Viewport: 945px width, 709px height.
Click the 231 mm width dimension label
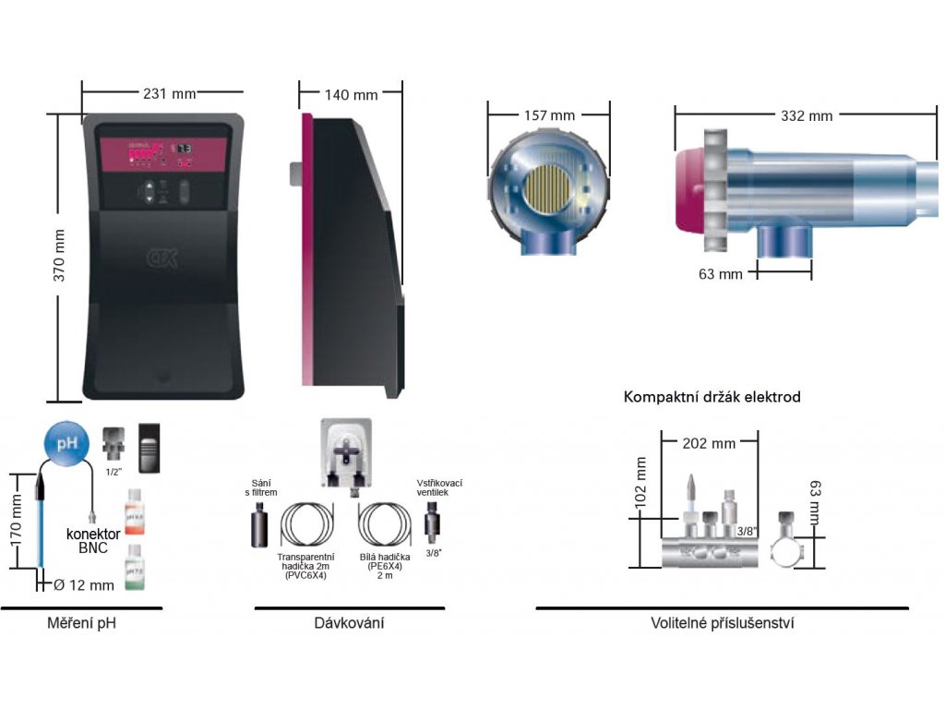tap(162, 93)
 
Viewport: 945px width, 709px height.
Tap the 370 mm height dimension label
tap(58, 255)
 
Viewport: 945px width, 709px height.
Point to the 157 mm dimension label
tap(549, 115)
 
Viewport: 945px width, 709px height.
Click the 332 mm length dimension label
tap(807, 115)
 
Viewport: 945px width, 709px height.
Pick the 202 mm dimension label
tap(710, 443)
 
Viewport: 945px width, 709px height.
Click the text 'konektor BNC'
tap(93, 541)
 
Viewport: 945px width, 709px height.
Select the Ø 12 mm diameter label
tap(84, 584)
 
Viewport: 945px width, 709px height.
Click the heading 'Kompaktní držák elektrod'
tap(712, 397)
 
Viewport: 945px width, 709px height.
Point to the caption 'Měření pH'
tap(81, 623)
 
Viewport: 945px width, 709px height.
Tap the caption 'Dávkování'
tap(349, 623)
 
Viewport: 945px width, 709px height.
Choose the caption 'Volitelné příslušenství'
tap(723, 623)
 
